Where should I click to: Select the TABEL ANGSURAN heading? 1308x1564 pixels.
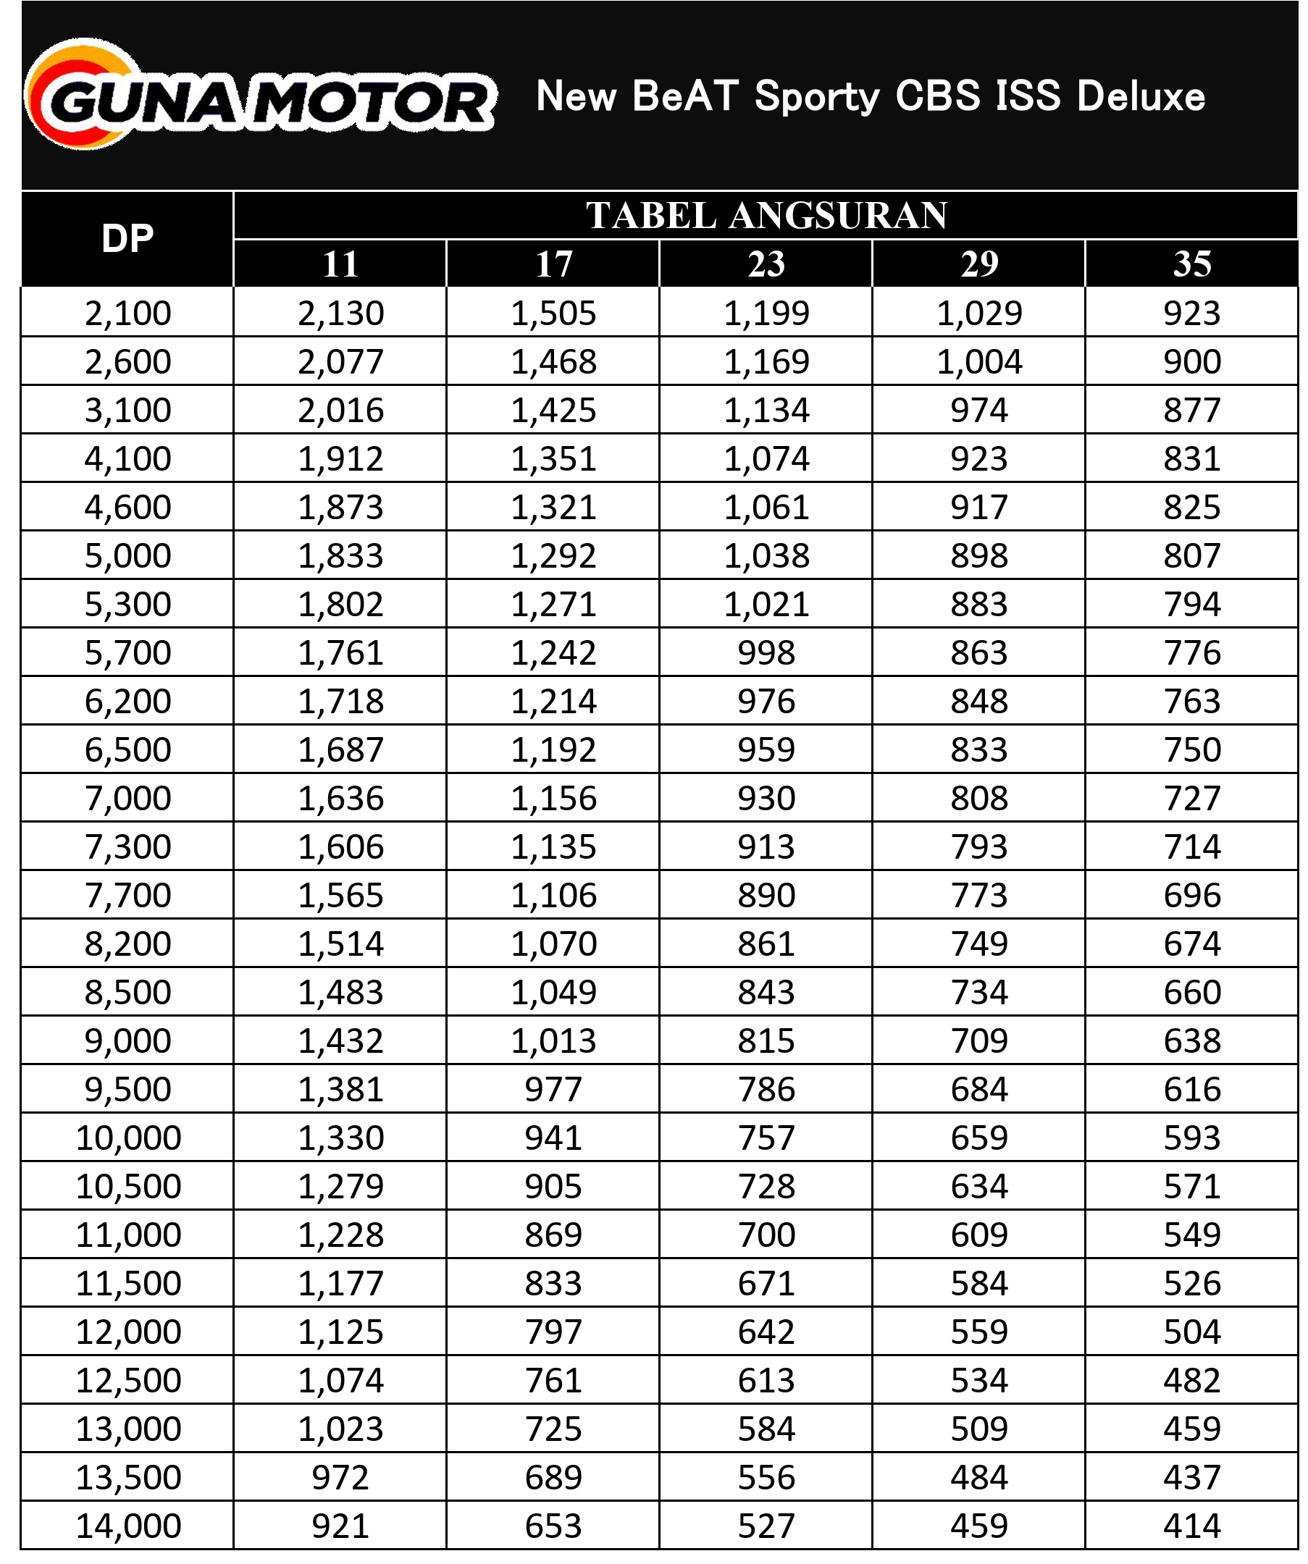pos(766,216)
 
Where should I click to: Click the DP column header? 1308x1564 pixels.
pos(127,239)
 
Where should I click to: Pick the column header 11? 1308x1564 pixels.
pos(340,264)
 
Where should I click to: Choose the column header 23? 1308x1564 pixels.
pos(766,264)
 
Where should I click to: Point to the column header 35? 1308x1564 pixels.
pos(1192,264)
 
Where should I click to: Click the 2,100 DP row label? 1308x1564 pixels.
pos(127,314)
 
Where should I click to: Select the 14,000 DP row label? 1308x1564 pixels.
pos(128,1526)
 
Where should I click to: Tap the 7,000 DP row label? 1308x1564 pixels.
pos(127,799)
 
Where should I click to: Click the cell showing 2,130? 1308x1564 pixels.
pos(340,314)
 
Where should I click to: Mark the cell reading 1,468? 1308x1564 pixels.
pos(553,362)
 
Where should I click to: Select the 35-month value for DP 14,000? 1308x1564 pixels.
pos(1192,1526)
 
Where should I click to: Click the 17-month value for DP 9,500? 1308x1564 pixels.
pos(553,1090)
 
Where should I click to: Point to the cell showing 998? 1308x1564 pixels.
pos(766,653)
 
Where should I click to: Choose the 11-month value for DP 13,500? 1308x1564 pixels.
pos(340,1478)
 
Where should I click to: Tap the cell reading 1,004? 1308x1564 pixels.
pos(978,362)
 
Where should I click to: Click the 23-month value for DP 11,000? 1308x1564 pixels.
pos(766,1235)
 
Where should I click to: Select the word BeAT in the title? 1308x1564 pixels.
pos(685,96)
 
